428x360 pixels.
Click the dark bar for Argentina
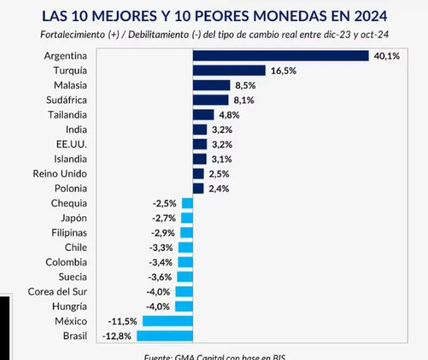point(280,55)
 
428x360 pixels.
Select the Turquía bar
point(229,70)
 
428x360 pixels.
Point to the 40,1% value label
point(387,56)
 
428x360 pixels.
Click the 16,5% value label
point(283,70)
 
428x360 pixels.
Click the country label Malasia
point(70,85)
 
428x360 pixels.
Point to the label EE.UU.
point(72,144)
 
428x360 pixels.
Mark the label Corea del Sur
point(57,291)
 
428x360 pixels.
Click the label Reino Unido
point(60,174)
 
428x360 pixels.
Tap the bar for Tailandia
point(203,115)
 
